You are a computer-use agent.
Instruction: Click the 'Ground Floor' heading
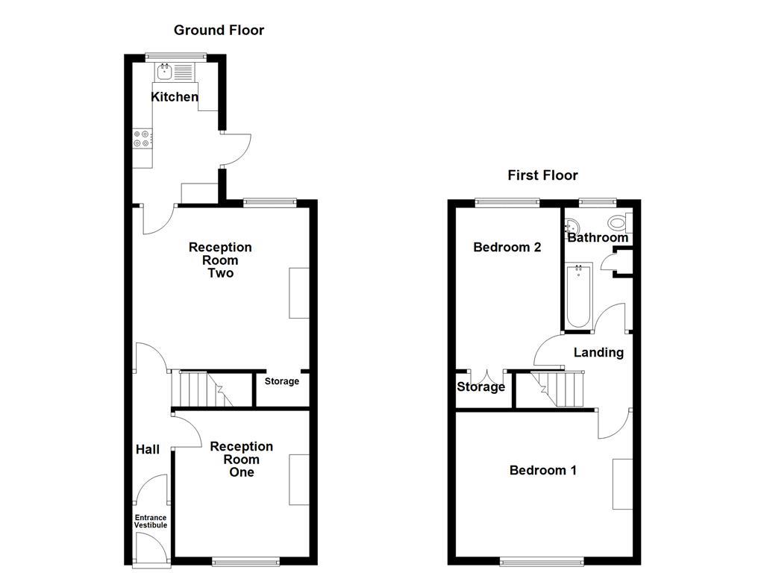click(219, 31)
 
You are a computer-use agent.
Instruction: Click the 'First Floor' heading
click(542, 176)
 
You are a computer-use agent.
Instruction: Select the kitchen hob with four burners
click(143, 139)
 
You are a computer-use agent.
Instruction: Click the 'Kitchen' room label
click(175, 97)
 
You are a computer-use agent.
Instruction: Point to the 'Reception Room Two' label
click(220, 260)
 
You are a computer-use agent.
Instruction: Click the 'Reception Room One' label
click(241, 459)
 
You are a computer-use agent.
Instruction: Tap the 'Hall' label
click(147, 450)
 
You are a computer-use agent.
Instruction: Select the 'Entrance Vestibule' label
click(151, 521)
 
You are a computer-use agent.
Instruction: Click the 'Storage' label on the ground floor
click(282, 381)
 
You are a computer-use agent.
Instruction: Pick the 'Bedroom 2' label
click(507, 247)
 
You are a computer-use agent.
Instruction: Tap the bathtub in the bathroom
click(578, 296)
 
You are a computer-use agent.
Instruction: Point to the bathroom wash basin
click(572, 226)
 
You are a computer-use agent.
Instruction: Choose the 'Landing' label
click(598, 352)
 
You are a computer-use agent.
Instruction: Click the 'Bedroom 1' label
click(542, 470)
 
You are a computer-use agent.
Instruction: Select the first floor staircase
click(559, 389)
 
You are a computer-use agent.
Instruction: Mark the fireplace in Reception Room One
click(299, 480)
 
